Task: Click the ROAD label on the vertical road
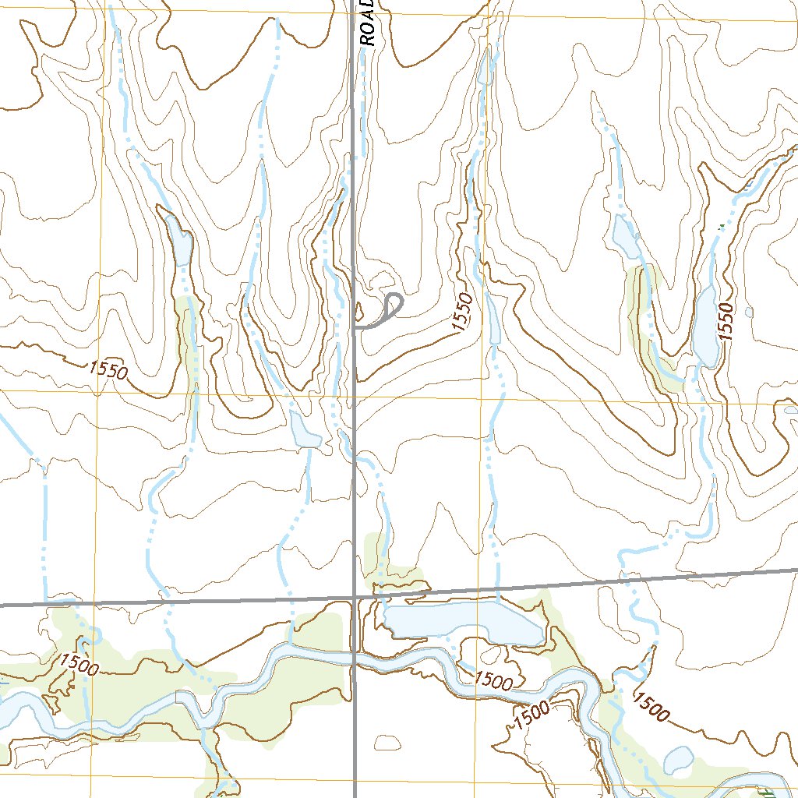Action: (369, 22)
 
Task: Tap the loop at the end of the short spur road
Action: (394, 303)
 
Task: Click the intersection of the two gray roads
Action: (355, 598)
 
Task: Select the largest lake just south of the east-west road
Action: (464, 623)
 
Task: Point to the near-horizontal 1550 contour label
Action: (108, 370)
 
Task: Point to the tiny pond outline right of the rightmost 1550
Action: (749, 312)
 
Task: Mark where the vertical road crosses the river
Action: (355, 657)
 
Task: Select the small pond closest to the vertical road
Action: (304, 431)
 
